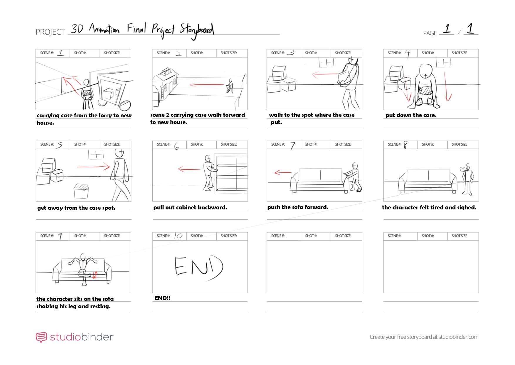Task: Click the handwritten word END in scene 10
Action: click(199, 267)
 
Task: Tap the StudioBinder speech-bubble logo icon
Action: click(41, 337)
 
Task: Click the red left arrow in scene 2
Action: click(207, 85)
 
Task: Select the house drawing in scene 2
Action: click(165, 84)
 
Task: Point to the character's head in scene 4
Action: click(426, 71)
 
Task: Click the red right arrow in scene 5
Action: click(93, 167)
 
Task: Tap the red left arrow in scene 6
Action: click(189, 169)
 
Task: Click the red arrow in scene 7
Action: click(283, 172)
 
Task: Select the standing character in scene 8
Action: click(467, 179)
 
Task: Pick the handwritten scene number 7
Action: click(293, 145)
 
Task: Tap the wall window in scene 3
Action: click(326, 62)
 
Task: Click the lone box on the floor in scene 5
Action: click(81, 191)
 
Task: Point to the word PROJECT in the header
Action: click(50, 32)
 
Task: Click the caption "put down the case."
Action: click(411, 115)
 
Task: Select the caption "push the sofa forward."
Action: click(298, 207)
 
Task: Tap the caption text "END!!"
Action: click(162, 298)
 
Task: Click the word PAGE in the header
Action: click(430, 33)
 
